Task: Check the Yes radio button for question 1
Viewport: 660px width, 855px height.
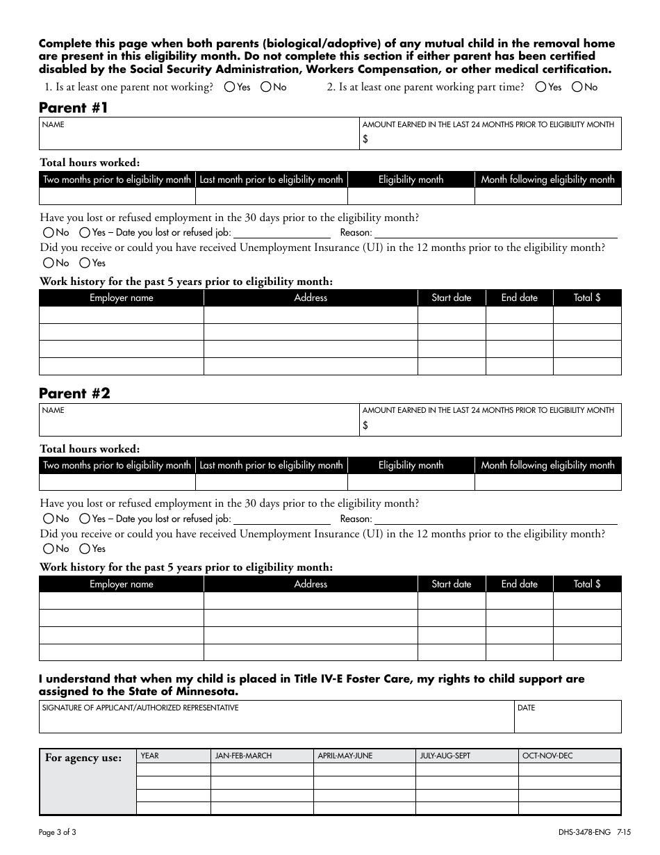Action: click(x=230, y=88)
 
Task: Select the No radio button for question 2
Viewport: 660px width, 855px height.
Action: click(x=577, y=88)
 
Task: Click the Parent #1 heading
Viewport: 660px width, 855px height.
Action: click(x=74, y=107)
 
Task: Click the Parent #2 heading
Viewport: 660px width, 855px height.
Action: click(x=74, y=393)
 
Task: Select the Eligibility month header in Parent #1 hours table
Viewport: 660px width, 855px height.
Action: click(x=411, y=180)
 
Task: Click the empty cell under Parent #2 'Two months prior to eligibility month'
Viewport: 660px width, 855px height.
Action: click(x=117, y=482)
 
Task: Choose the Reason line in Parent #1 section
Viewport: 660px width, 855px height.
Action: click(x=495, y=233)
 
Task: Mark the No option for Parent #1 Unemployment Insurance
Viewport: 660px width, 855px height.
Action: click(x=49, y=263)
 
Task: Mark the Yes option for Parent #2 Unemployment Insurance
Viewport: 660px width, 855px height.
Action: click(x=85, y=549)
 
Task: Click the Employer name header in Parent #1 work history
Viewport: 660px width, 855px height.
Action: click(x=122, y=298)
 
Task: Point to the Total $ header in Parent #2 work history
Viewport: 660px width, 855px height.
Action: click(x=587, y=585)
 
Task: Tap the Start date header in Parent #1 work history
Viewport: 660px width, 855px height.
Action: click(x=451, y=298)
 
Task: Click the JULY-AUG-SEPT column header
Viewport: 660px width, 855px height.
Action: click(x=467, y=756)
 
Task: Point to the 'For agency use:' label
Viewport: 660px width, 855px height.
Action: click(x=83, y=758)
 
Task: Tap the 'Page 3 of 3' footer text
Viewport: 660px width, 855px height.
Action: click(x=63, y=832)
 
